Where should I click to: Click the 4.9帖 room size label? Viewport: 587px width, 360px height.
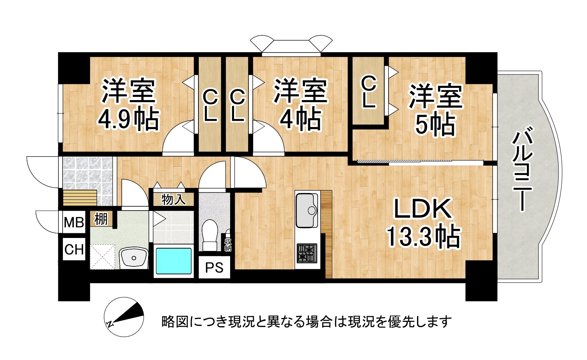click(x=128, y=119)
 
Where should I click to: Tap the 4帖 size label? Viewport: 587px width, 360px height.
click(x=300, y=119)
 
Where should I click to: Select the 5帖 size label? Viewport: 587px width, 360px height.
click(x=435, y=125)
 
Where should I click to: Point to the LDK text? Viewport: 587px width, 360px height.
click(x=423, y=209)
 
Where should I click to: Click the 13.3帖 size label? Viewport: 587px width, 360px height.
click(x=423, y=237)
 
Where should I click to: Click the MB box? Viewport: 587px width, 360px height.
click(x=74, y=222)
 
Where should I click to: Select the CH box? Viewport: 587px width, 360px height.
click(x=74, y=249)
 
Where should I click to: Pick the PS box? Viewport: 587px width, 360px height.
click(x=214, y=267)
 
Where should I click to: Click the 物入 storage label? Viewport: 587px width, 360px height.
click(x=173, y=199)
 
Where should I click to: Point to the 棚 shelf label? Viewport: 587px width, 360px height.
click(x=101, y=219)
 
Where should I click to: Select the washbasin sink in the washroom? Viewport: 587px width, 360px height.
click(x=134, y=258)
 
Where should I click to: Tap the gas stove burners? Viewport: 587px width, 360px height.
click(x=307, y=253)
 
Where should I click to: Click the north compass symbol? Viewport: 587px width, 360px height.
click(x=124, y=317)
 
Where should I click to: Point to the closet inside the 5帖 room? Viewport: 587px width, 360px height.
click(x=368, y=92)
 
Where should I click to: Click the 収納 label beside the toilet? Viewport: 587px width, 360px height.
click(x=228, y=244)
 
